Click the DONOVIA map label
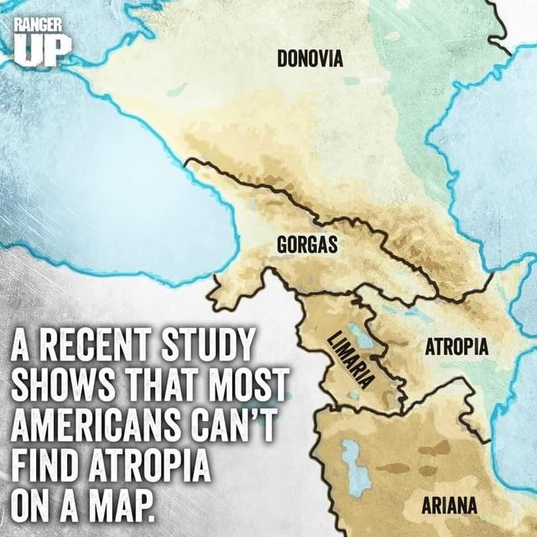(x=310, y=59)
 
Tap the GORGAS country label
(x=306, y=245)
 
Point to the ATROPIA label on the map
(x=451, y=347)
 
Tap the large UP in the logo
(x=39, y=50)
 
